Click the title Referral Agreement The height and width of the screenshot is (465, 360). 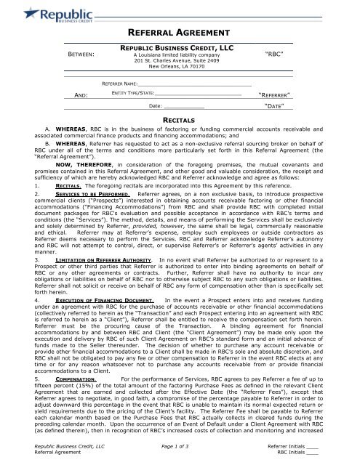[x=180, y=33]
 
